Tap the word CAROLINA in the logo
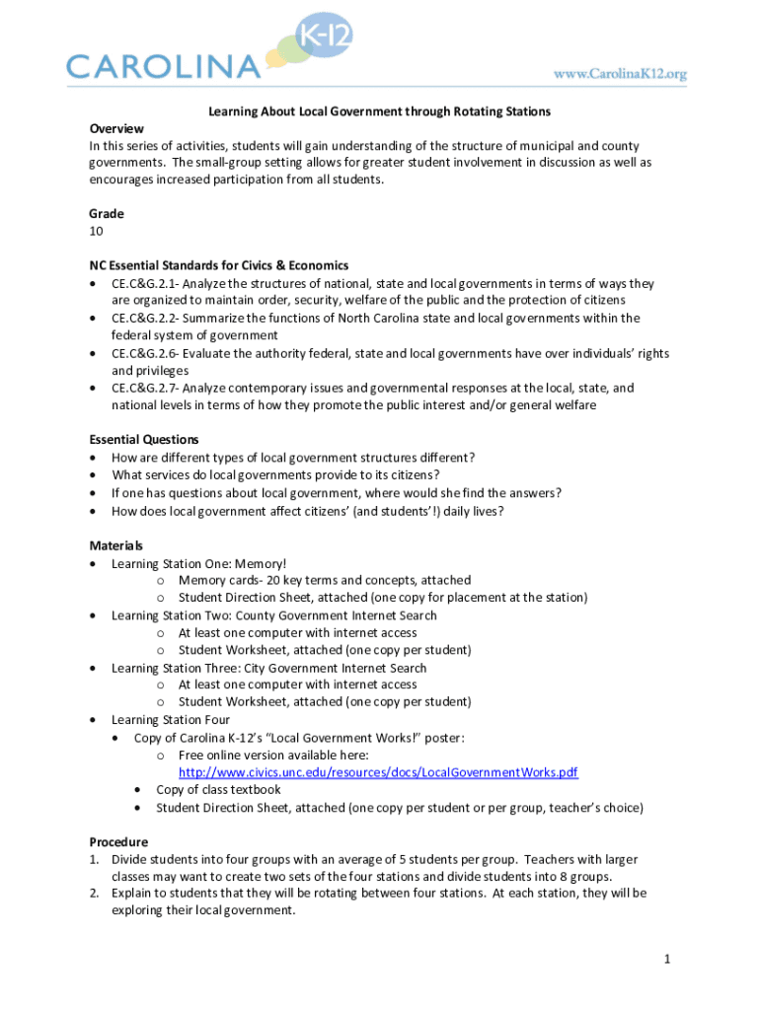coord(163,67)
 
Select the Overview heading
coord(116,129)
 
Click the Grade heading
coord(107,214)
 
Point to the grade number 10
coord(96,232)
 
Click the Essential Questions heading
coord(144,440)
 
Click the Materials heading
coord(116,545)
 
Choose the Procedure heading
coord(118,842)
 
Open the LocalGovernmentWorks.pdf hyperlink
coord(378,772)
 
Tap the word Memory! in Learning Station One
coord(260,563)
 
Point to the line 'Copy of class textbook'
coord(218,789)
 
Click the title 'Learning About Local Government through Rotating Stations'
coord(379,111)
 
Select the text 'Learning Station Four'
coord(171,720)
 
